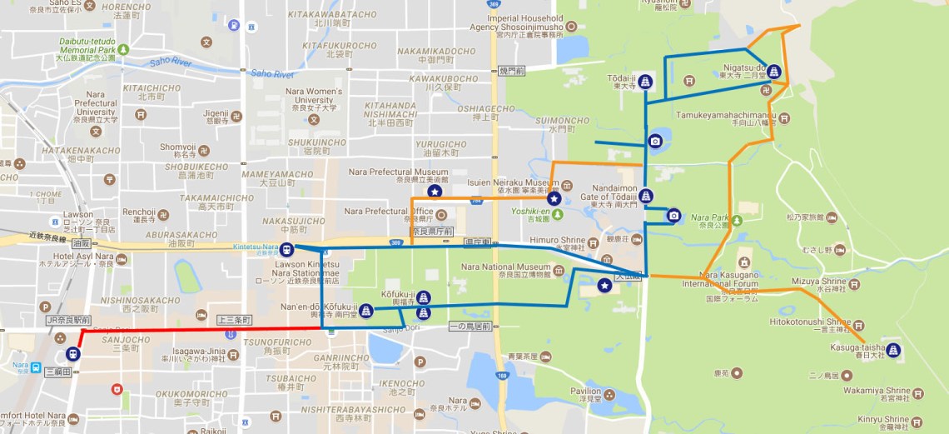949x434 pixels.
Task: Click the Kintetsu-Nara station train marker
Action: [287, 248]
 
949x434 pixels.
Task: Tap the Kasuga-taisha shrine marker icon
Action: [893, 350]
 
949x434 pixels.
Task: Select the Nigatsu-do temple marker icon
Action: [773, 72]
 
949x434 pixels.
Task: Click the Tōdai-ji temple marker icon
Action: [645, 82]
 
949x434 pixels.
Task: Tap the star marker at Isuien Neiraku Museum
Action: [553, 198]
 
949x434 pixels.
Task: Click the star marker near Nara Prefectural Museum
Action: [435, 192]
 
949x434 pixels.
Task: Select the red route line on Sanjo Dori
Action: [200, 329]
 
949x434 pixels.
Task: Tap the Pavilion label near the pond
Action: [584, 391]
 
